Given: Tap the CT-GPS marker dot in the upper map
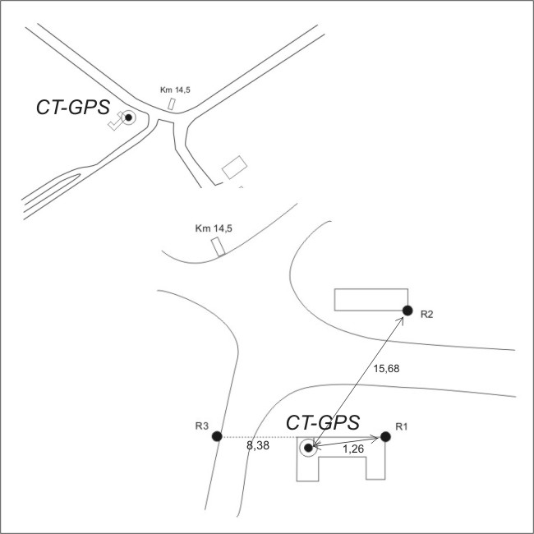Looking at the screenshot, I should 128,118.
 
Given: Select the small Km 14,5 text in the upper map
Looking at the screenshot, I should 175,90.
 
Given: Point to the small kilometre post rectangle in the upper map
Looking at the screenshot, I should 172,104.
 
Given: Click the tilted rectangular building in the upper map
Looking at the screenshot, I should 235,167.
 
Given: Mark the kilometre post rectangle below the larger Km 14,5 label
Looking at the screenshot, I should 218,246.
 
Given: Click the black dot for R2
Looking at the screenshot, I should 407,310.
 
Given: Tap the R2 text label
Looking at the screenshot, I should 426,315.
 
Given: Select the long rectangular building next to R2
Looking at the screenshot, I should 371,299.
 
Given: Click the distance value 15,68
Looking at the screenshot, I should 386,369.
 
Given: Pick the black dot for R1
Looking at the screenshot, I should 384,436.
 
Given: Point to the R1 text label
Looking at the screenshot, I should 402,426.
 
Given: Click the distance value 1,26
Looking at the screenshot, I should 352,450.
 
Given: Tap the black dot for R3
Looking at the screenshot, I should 217,436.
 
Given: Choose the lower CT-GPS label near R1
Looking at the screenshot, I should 322,423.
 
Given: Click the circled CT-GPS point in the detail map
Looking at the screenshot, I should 308,448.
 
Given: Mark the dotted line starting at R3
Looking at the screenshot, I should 259,436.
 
